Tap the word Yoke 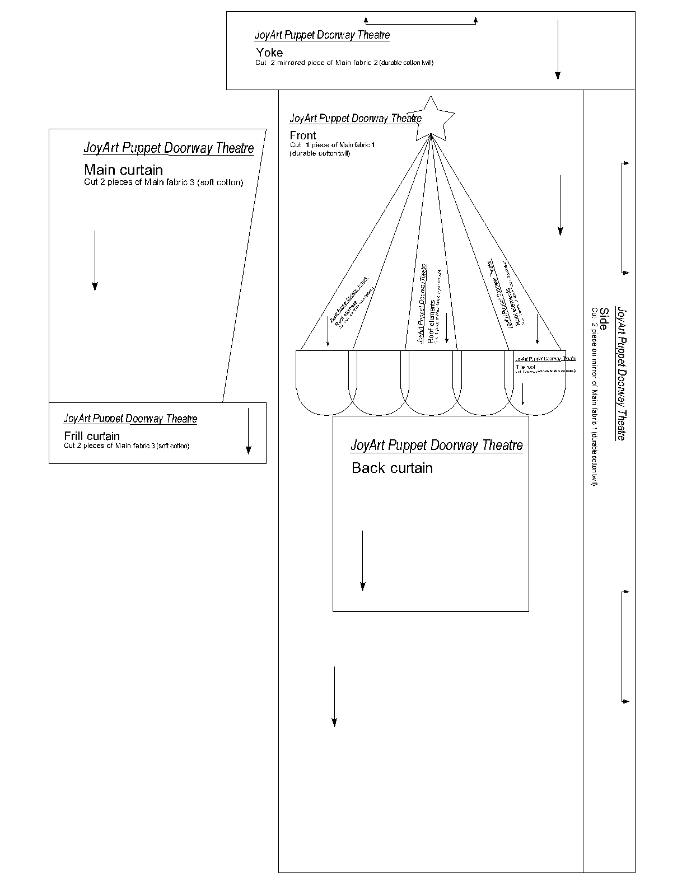tap(269, 53)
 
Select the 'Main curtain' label tap(123, 170)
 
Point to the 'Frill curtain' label tap(92, 436)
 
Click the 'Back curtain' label tap(392, 468)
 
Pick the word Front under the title tap(303, 135)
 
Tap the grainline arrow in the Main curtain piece tap(95, 260)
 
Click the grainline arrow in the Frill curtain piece tap(248, 430)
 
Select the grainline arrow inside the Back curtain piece tap(363, 560)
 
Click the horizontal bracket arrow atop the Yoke tap(421, 23)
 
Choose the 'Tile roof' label tap(525, 367)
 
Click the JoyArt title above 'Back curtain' tap(437, 445)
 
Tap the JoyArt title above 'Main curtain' tap(169, 148)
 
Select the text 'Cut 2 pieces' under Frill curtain tap(127, 446)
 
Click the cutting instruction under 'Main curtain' tap(164, 182)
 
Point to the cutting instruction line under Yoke tap(344, 63)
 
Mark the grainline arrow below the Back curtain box tap(334, 696)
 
